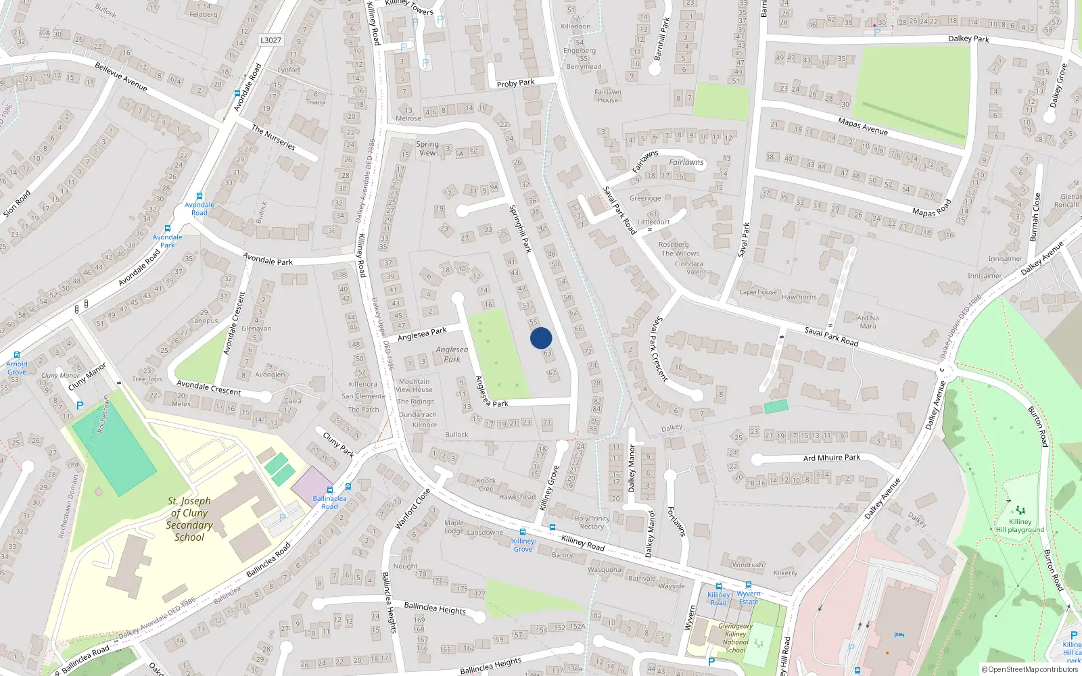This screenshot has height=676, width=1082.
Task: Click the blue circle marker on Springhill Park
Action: click(541, 338)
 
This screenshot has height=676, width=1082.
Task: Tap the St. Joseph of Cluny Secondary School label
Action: click(189, 519)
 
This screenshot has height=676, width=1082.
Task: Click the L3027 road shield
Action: click(270, 40)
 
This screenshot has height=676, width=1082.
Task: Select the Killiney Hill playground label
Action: click(1020, 525)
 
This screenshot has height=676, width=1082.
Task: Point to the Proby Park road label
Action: click(515, 83)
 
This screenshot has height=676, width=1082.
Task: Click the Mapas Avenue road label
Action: click(862, 126)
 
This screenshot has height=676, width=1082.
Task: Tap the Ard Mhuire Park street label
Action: click(831, 458)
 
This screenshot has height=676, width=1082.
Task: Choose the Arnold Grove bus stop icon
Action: click(16, 355)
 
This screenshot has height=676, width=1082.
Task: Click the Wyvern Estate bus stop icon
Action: click(749, 585)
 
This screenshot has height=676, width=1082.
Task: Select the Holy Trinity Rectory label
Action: click(592, 523)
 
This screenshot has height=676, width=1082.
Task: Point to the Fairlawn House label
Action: click(607, 96)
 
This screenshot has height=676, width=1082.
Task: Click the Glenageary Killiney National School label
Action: click(735, 638)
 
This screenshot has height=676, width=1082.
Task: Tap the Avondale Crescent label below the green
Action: click(209, 387)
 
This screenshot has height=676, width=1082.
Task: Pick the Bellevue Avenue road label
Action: click(121, 76)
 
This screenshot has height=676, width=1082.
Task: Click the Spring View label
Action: click(427, 148)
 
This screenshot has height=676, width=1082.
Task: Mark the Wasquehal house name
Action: click(605, 569)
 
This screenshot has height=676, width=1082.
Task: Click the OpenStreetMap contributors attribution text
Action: click(1030, 669)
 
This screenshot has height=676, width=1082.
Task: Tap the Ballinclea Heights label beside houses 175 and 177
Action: click(434, 608)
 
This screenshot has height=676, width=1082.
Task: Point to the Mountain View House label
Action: click(414, 385)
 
